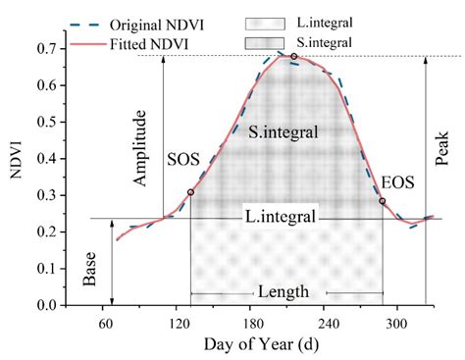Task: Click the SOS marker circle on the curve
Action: pyautogui.click(x=190, y=192)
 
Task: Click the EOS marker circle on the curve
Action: pyautogui.click(x=383, y=201)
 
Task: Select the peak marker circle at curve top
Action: pyautogui.click(x=293, y=57)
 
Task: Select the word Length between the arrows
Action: pyautogui.click(x=284, y=292)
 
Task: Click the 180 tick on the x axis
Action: pyautogui.click(x=252, y=322)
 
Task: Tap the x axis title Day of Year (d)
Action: pyautogui.click(x=255, y=344)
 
